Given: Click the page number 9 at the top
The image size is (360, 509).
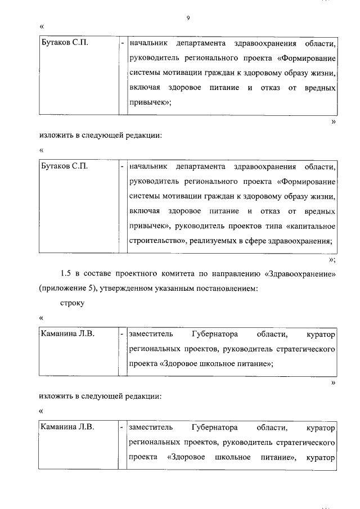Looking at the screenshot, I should (x=188, y=19).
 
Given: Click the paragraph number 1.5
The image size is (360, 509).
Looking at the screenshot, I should (x=66, y=274).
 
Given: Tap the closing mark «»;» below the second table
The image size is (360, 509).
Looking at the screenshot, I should (x=332, y=259).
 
